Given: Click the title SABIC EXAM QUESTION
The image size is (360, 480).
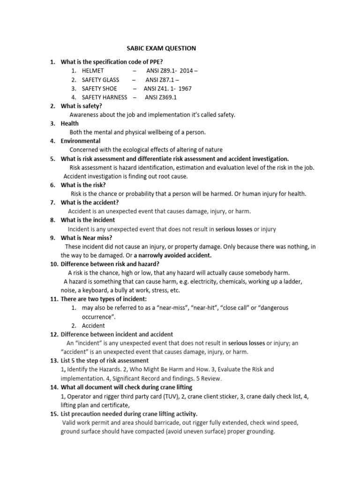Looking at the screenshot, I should click(x=161, y=48).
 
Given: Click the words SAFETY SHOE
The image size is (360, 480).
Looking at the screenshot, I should click(x=99, y=88).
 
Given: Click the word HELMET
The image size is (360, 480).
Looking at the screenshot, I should click(x=93, y=70).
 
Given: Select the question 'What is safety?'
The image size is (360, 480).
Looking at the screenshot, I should click(x=81, y=106).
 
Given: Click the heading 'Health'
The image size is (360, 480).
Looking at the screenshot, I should click(x=69, y=123).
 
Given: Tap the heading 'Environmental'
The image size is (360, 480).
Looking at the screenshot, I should click(x=81, y=141).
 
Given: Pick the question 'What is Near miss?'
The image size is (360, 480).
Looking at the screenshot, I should click(x=86, y=238).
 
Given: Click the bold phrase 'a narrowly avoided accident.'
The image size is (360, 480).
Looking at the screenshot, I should click(x=172, y=255).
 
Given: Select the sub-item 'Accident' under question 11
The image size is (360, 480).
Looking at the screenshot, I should click(x=93, y=325).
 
